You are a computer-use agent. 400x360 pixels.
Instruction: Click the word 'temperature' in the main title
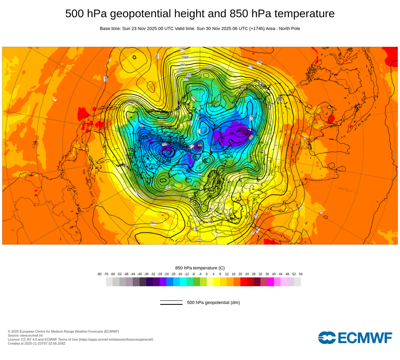tap(303, 14)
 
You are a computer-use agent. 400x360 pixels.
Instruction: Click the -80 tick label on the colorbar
tap(99, 274)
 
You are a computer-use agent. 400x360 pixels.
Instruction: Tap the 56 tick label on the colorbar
tap(300, 274)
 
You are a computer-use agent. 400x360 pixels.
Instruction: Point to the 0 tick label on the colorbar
tap(207, 274)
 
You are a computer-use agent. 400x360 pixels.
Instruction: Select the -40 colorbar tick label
tap(140, 274)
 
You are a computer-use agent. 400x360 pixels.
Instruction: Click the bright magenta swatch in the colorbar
tap(270, 282)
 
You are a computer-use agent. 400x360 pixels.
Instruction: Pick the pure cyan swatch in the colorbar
tap(183, 282)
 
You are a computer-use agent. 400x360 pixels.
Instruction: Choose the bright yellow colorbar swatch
tap(217, 282)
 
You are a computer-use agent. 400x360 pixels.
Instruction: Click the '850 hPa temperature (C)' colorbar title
tap(200, 268)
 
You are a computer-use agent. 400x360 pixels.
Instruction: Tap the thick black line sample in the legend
tap(171, 304)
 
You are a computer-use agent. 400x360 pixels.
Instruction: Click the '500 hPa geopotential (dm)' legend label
tap(213, 302)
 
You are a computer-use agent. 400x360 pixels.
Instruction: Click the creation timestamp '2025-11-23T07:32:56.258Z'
tap(45, 343)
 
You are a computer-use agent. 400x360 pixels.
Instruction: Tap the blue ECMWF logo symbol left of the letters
tap(327, 338)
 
